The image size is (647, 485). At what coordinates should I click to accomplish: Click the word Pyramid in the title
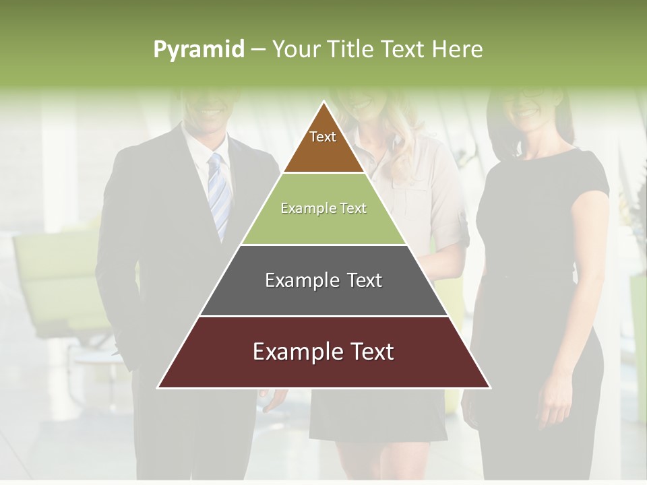(x=198, y=50)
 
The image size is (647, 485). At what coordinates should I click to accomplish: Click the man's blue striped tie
(x=218, y=195)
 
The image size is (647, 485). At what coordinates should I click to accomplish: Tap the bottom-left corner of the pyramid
(x=159, y=387)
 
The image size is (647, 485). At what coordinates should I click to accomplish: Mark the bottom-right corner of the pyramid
(x=489, y=387)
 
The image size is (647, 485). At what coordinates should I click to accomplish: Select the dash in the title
(x=258, y=50)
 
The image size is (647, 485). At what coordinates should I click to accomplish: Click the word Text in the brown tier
(x=323, y=137)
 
